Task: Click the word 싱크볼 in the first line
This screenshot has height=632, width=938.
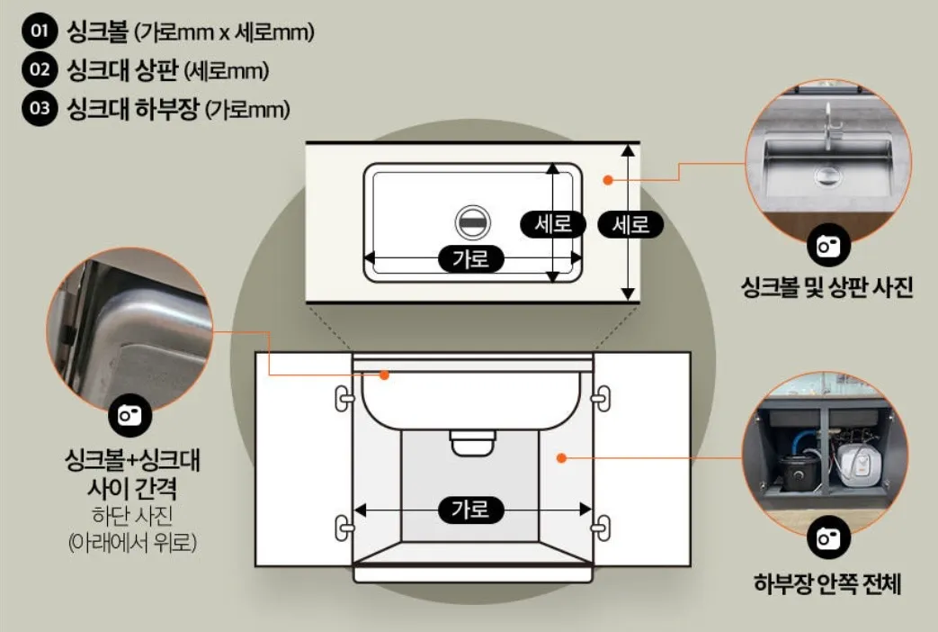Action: (x=98, y=32)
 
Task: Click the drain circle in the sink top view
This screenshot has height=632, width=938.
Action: (x=473, y=221)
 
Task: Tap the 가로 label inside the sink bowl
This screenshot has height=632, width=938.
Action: (x=470, y=259)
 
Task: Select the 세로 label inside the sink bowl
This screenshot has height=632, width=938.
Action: (x=553, y=223)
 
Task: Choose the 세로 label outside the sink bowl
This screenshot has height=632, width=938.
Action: (x=630, y=223)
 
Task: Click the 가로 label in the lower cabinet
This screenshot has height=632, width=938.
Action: (x=470, y=510)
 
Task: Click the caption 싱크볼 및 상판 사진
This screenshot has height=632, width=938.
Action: (x=826, y=287)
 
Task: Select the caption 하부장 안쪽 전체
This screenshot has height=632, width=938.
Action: (x=826, y=582)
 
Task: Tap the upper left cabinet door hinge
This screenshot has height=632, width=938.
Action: (x=343, y=397)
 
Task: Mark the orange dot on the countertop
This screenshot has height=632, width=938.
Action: (x=608, y=180)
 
